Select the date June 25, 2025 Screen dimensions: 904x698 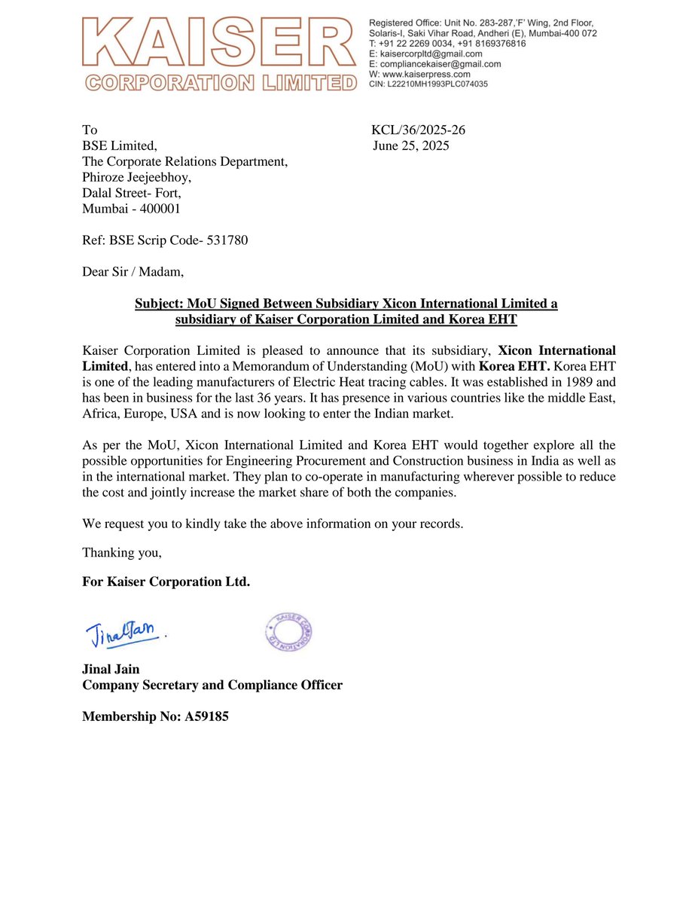[x=411, y=146]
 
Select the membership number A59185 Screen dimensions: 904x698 [x=206, y=717]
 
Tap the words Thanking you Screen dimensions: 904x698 [x=122, y=552]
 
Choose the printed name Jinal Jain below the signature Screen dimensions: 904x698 [x=111, y=669]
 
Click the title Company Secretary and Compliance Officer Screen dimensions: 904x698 [x=212, y=685]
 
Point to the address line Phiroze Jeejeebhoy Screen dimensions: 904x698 [x=137, y=177]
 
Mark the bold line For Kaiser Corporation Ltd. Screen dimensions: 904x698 [x=166, y=582]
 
